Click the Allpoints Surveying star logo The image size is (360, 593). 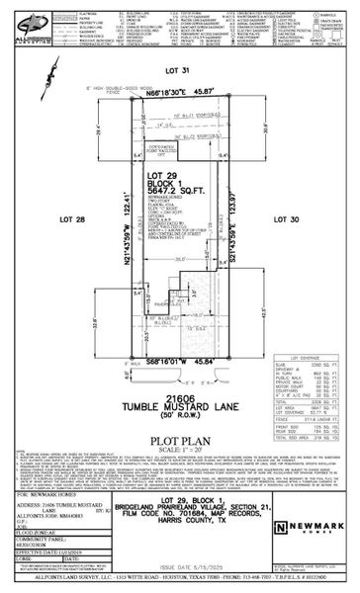(22, 21)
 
